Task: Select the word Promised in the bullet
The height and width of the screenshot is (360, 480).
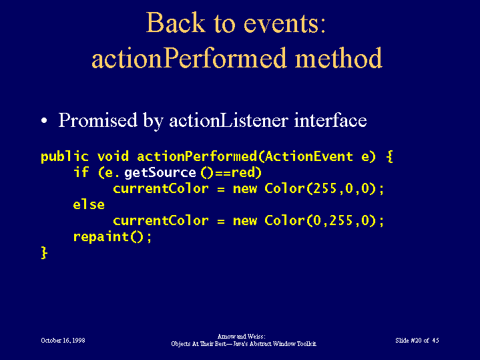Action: click(97, 120)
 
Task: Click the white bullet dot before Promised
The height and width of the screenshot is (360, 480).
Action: click(44, 120)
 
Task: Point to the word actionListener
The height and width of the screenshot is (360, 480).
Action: click(228, 120)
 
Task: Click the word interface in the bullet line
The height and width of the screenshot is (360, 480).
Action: click(330, 120)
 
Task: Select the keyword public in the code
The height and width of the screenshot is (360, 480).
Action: click(65, 156)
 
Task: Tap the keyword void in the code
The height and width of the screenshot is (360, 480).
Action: click(113, 156)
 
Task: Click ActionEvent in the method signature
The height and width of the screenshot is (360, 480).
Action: click(309, 156)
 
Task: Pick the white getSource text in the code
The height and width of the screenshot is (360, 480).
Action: click(160, 172)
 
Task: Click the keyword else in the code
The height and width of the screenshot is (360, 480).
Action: click(89, 204)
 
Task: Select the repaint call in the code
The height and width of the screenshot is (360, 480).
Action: click(112, 236)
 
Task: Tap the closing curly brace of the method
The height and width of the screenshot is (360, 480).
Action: click(44, 253)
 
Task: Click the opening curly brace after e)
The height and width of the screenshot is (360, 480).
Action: click(389, 156)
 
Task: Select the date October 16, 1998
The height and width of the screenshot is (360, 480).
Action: click(63, 341)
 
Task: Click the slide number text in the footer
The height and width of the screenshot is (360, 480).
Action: click(417, 341)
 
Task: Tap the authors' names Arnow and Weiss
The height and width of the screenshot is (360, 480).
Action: click(241, 337)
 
